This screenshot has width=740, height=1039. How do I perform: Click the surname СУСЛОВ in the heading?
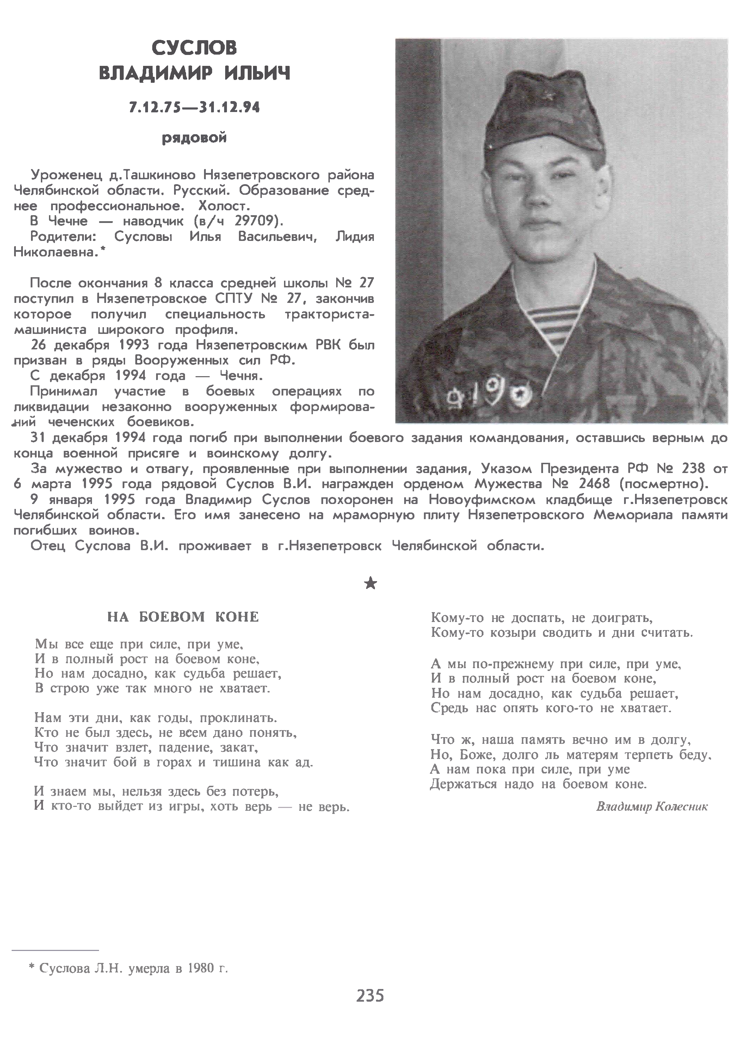(194, 48)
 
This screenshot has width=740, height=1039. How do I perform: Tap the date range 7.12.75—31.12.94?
(195, 107)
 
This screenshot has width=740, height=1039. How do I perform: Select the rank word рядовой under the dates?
(194, 137)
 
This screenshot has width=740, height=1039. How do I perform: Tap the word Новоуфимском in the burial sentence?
(482, 499)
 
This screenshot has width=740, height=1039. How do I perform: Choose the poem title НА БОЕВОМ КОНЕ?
(183, 617)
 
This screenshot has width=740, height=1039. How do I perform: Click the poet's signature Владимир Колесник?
(652, 807)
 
